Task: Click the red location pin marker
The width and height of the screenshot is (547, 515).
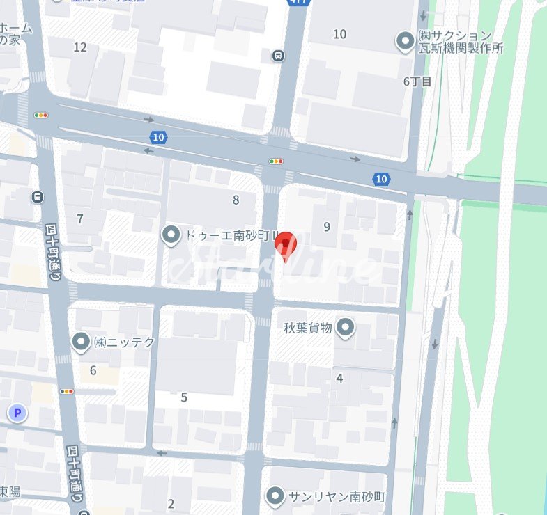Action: click(x=286, y=245)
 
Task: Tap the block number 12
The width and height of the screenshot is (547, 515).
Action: click(x=80, y=47)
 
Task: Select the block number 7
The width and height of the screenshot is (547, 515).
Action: click(x=80, y=219)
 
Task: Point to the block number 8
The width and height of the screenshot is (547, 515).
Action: click(x=236, y=200)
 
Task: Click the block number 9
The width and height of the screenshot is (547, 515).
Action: click(x=326, y=226)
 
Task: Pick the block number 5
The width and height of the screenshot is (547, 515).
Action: click(x=184, y=397)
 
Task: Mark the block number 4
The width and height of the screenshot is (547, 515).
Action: click(x=339, y=379)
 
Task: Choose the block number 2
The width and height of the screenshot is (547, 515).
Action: click(x=171, y=505)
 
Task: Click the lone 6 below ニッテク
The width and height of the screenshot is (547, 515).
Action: click(x=93, y=370)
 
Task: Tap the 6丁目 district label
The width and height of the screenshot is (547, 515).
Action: click(x=418, y=81)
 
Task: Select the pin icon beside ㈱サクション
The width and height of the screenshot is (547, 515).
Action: click(x=405, y=42)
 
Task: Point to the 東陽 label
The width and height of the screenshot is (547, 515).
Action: click(x=9, y=492)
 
